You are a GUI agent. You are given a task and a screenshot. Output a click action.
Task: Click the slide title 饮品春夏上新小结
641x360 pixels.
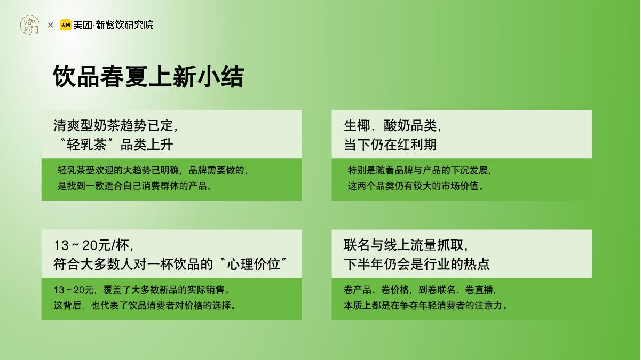pyautogui.click(x=148, y=77)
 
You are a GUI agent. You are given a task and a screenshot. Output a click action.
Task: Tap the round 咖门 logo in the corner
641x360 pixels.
pyautogui.click(x=30, y=25)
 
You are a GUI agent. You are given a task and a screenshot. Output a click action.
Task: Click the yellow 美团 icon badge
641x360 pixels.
pyautogui.click(x=65, y=25)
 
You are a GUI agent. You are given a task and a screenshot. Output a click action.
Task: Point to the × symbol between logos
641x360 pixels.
pyautogui.click(x=50, y=25)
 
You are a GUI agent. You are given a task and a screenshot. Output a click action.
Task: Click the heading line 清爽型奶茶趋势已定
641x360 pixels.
pyautogui.click(x=115, y=125)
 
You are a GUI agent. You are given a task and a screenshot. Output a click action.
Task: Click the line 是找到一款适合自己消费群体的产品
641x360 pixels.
pyautogui.click(x=135, y=186)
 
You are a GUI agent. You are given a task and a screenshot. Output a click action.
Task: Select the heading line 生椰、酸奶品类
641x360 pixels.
pyautogui.click(x=392, y=125)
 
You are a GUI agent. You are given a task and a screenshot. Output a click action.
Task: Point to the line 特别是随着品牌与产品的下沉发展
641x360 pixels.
pyautogui.click(x=419, y=171)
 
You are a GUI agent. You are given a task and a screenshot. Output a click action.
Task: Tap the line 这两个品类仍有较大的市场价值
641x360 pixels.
pyautogui.click(x=416, y=186)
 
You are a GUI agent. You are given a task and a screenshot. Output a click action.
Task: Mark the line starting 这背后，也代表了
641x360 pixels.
pyautogui.click(x=145, y=306)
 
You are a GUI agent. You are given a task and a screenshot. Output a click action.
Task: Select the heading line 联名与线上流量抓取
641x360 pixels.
pyautogui.click(x=406, y=245)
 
